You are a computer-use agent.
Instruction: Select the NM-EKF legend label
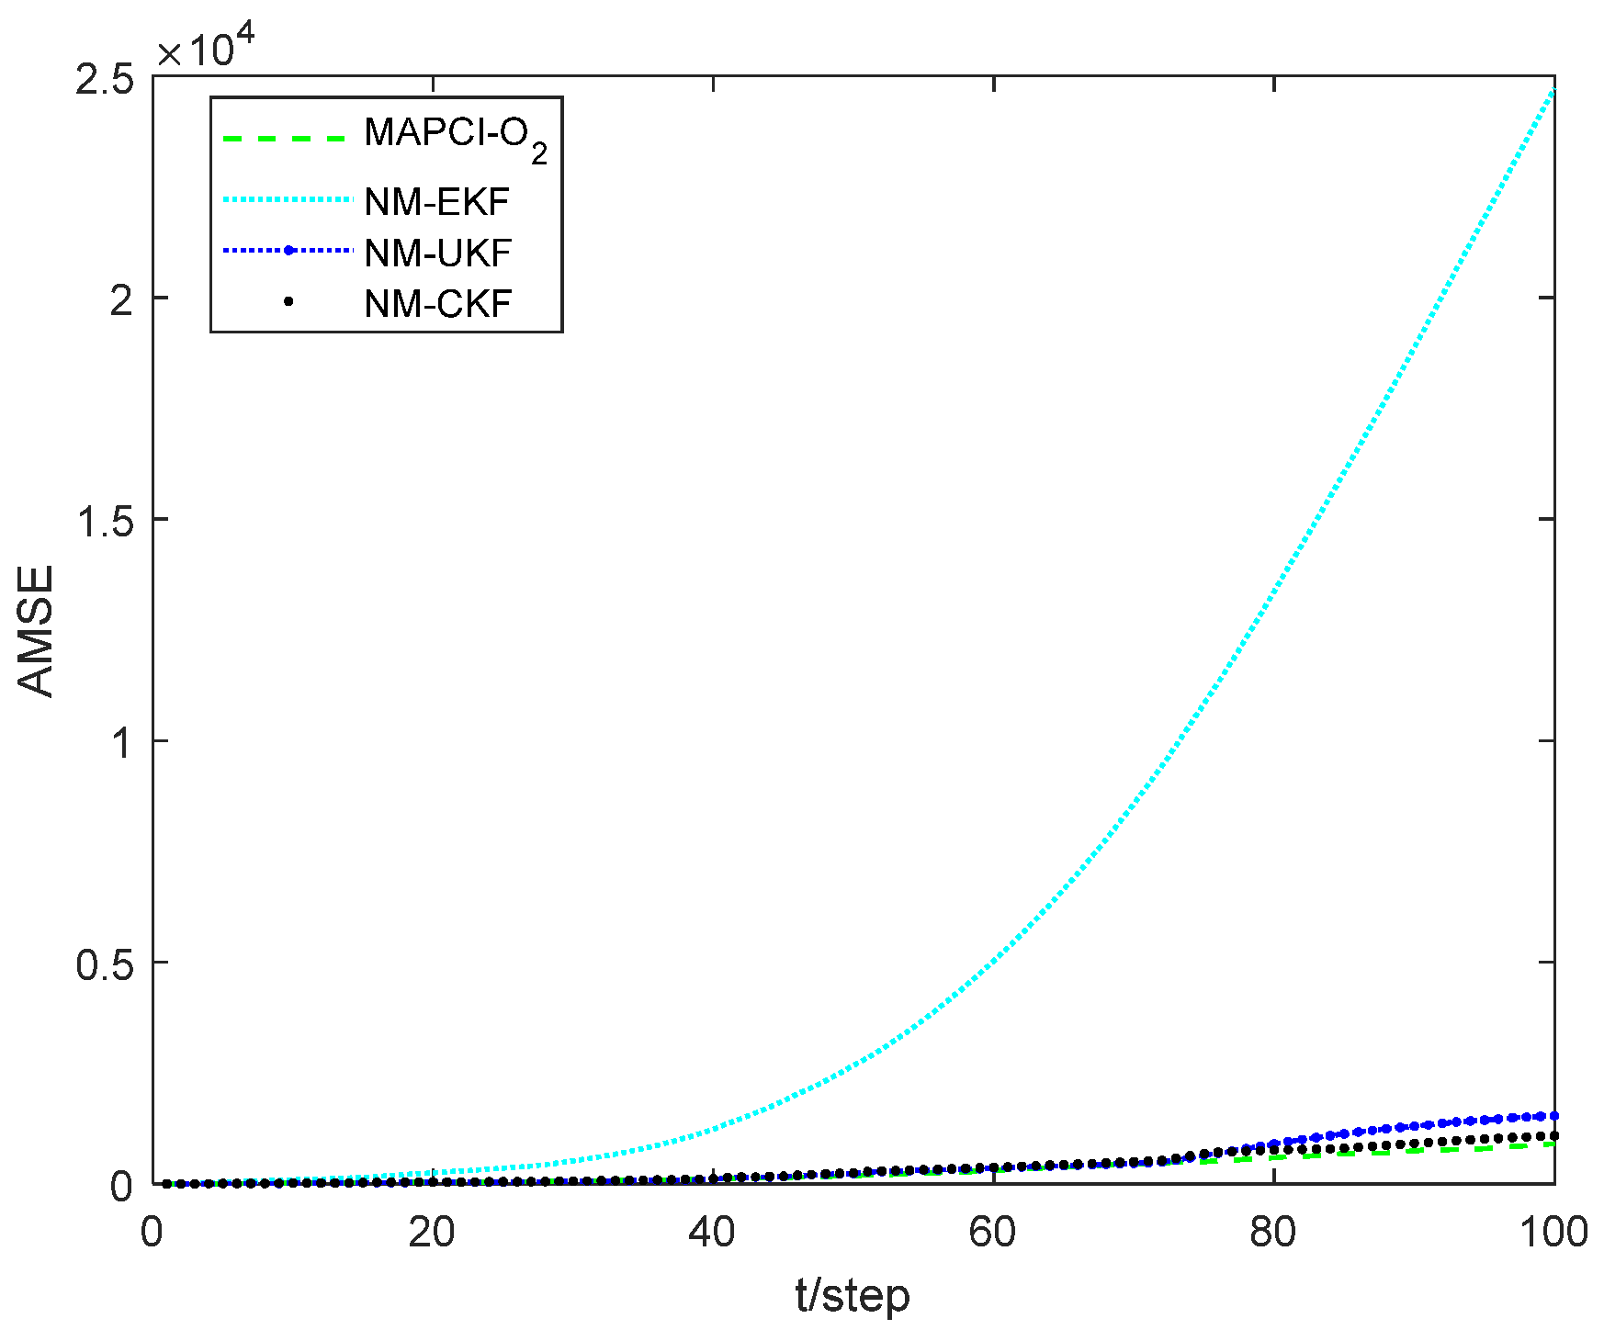pos(436,201)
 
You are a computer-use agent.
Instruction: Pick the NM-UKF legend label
pos(437,253)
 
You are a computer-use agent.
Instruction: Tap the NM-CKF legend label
pos(437,303)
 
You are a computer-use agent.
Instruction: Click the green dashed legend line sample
pos(286,139)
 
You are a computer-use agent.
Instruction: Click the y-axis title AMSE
pos(37,630)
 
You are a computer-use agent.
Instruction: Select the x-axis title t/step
pos(853,1296)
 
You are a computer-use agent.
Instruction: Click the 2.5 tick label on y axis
pos(103,79)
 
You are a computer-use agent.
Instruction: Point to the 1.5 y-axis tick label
pos(103,521)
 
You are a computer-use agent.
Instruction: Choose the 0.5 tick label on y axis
pos(103,964)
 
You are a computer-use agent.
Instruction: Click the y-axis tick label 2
pos(121,300)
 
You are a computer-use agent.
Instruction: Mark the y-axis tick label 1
pos(121,742)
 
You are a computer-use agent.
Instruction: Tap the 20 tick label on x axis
pos(432,1232)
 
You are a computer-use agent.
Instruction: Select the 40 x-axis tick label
pos(712,1232)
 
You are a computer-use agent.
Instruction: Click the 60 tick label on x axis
pos(993,1232)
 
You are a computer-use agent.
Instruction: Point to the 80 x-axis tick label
pos(1273,1232)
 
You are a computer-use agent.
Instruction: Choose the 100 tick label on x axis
pos(1553,1232)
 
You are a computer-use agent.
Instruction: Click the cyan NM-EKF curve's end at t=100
pos(1553,90)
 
